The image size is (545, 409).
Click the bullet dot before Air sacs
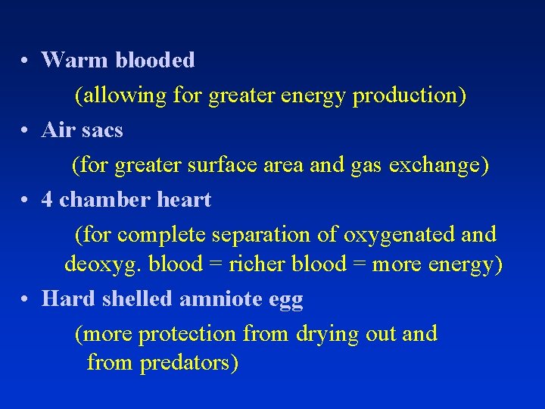25,131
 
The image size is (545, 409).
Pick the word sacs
103,130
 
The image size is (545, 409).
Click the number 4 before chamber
47,200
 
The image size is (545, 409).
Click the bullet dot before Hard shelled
25,300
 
